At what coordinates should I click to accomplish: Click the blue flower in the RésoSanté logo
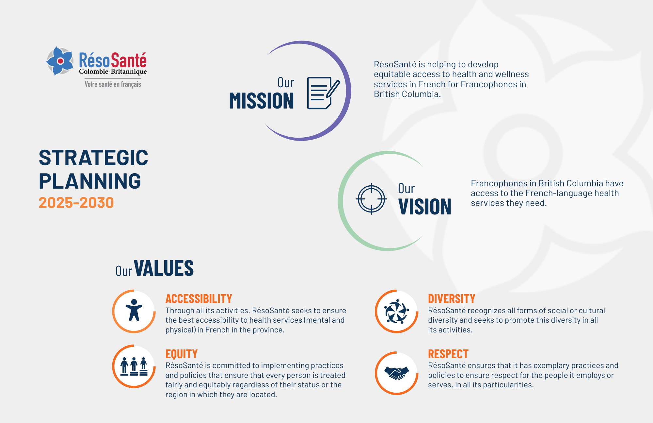[60, 61]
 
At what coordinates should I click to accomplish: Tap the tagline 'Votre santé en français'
[113, 84]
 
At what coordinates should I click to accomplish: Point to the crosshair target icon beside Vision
[371, 199]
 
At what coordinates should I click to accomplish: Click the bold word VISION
[425, 207]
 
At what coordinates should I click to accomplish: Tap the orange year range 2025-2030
[76, 203]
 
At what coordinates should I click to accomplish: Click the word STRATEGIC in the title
[93, 158]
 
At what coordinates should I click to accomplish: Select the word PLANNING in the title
[90, 181]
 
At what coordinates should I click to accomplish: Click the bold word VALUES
[164, 268]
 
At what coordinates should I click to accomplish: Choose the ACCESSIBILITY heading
[199, 298]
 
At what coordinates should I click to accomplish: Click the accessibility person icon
[134, 310]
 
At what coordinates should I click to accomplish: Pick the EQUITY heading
[181, 354]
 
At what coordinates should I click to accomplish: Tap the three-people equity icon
[134, 366]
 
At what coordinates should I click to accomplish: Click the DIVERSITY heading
[452, 298]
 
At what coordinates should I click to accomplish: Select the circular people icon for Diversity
[396, 311]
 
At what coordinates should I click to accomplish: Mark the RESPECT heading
[448, 354]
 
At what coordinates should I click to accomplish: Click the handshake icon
[396, 373]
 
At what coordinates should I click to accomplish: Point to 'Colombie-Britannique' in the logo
[113, 72]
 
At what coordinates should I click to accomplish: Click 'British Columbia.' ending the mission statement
[407, 94]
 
